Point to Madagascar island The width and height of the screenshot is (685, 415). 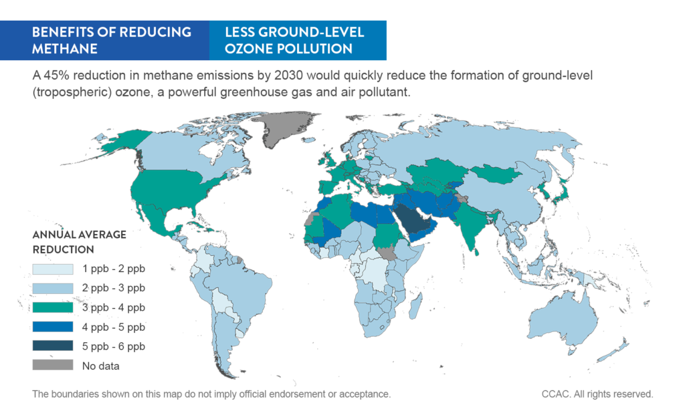pos(414,307)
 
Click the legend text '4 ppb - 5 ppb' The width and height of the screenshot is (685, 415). pos(113,327)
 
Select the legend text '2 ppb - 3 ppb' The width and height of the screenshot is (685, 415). pos(113,289)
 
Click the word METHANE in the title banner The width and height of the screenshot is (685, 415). pos(65,48)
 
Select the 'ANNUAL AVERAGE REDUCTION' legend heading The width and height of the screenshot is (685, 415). pos(79,242)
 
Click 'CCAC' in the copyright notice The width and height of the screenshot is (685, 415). pos(556,394)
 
